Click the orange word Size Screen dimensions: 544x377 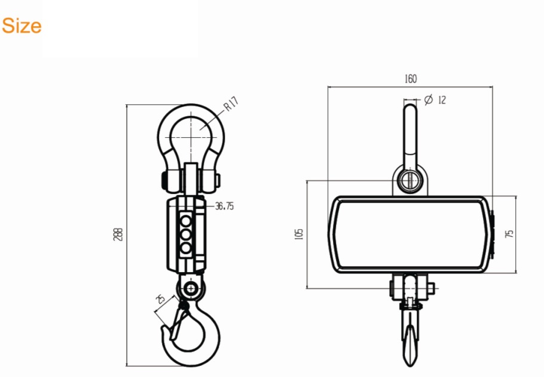pos(22,26)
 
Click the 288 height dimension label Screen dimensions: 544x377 pos(118,234)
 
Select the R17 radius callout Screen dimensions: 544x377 pos(231,104)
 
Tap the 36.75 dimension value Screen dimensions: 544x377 pos(224,206)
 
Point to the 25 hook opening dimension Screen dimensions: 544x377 pos(160,298)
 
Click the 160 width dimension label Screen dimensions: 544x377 pos(411,79)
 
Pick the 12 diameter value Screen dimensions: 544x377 pos(442,100)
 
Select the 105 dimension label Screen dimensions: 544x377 pos(299,234)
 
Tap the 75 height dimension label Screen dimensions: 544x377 pos(509,234)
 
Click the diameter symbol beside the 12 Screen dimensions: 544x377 pos(429,100)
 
